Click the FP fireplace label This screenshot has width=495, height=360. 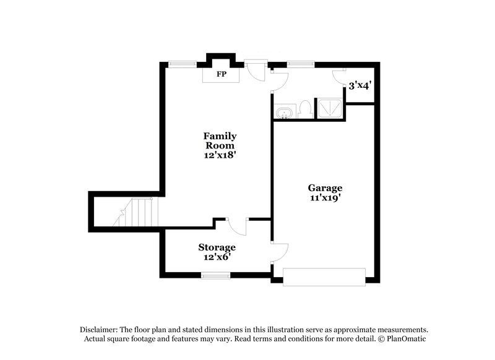point(220,74)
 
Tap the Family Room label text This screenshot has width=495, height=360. point(220,140)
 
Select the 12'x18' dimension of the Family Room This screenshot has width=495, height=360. point(220,155)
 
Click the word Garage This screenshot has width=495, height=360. point(325,188)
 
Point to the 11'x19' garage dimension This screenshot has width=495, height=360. point(325,199)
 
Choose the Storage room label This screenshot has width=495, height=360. point(217,247)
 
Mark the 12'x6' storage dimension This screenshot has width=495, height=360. point(217,257)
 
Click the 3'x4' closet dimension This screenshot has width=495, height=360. point(359,86)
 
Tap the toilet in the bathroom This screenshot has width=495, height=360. point(304,109)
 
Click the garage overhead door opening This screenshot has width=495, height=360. point(324,276)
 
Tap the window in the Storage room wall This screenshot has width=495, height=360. point(215,275)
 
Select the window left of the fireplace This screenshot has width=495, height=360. point(183,63)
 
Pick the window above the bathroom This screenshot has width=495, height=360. point(299,63)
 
